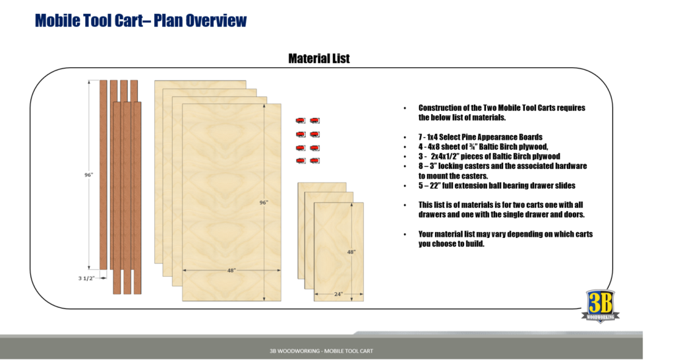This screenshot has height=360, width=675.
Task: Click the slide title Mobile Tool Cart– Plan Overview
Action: point(140,20)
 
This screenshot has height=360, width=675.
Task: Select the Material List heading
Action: point(319,59)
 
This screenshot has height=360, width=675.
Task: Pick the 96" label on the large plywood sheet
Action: point(264,202)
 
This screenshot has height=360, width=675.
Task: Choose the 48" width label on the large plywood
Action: point(231,270)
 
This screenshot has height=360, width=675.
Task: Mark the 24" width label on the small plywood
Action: point(338,294)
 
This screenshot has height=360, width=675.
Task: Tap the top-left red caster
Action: point(300,120)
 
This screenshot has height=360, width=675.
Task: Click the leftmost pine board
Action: point(103,174)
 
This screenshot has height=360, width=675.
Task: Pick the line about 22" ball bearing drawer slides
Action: point(496,185)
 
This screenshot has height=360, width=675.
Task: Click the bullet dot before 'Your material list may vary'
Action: point(404,235)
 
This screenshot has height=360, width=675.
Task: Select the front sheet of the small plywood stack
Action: point(338,251)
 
